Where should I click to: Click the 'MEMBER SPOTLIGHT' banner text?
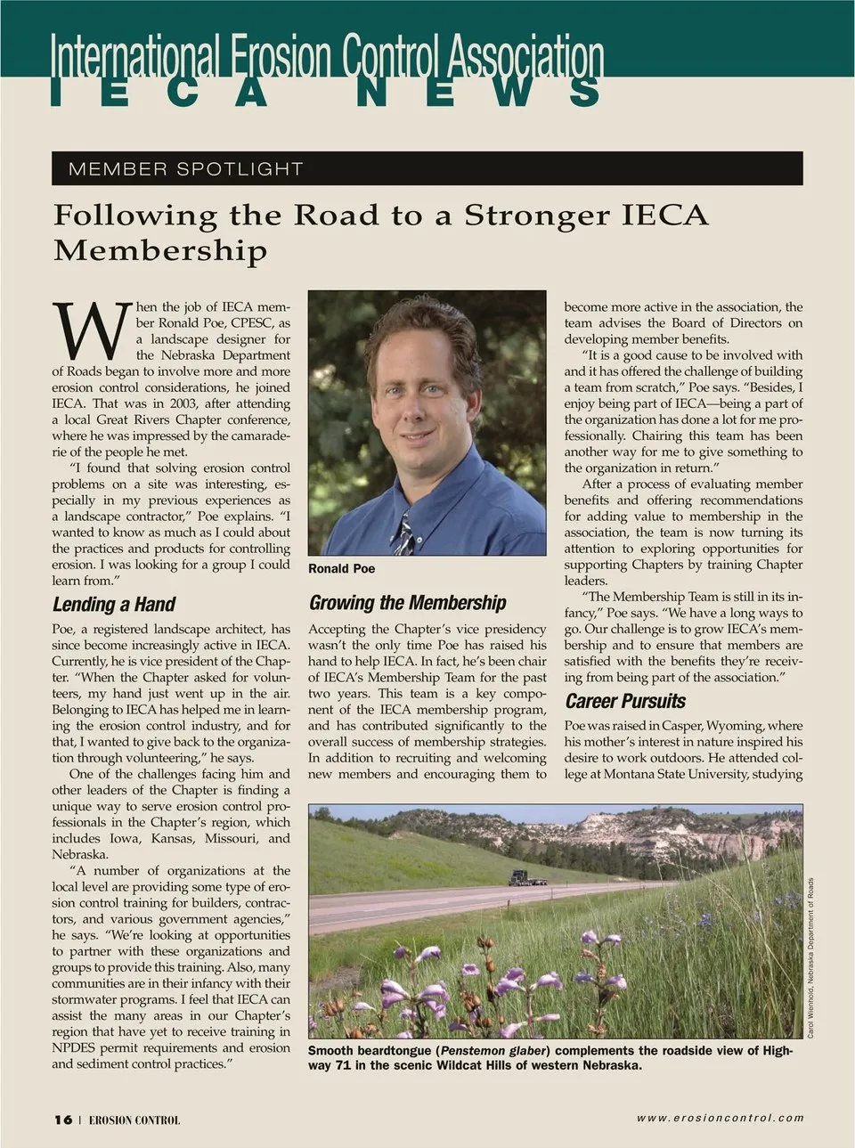(185, 168)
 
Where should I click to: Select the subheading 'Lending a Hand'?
(114, 605)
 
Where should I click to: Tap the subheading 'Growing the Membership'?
(407, 603)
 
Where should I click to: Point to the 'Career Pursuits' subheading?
(625, 701)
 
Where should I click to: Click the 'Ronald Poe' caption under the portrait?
(341, 568)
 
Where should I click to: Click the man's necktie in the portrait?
(404, 533)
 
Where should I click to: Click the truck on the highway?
(527, 878)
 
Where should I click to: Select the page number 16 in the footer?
(62, 1120)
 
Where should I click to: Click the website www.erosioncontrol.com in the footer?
(720, 1118)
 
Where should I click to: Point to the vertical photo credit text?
(810, 957)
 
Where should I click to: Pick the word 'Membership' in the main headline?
(160, 250)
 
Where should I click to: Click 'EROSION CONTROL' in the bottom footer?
(134, 1120)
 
